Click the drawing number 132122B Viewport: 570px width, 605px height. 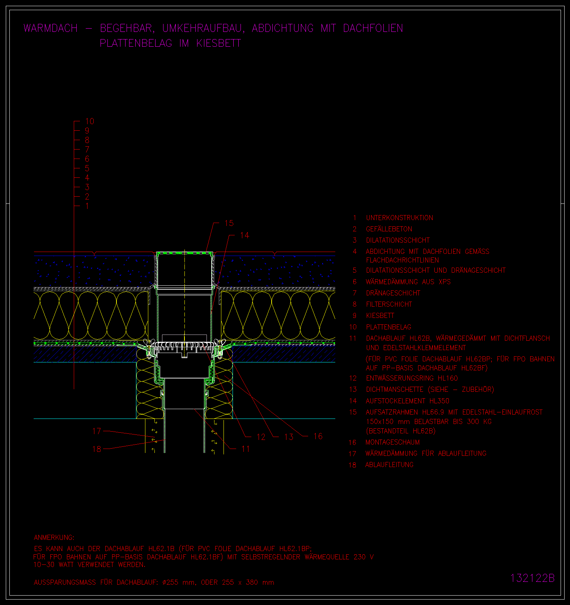(x=532, y=578)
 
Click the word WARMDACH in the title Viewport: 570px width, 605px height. (x=51, y=28)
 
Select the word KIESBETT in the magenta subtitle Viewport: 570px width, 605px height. (x=218, y=43)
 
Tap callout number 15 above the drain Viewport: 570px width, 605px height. (x=229, y=223)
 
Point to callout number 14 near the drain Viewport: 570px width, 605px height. (x=244, y=235)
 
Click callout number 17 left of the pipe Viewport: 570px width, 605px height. (x=97, y=431)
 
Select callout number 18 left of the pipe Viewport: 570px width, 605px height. (x=97, y=449)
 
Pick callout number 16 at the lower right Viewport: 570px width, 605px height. (x=318, y=436)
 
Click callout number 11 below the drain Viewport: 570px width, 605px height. (x=246, y=449)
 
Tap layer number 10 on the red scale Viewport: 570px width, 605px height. (x=89, y=121)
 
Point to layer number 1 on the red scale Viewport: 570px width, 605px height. (x=87, y=206)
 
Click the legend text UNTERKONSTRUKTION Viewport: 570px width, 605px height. (x=399, y=218)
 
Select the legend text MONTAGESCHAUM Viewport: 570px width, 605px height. (x=392, y=442)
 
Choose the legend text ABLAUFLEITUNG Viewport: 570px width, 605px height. (x=389, y=465)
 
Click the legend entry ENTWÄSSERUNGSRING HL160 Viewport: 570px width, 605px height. (x=412, y=378)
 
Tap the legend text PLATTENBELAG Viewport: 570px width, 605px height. (x=388, y=327)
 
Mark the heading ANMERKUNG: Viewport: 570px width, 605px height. (x=54, y=538)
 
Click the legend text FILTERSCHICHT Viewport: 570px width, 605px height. (x=389, y=304)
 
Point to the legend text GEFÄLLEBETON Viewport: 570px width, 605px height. (x=389, y=229)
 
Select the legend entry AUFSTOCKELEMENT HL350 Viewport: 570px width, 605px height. (x=407, y=401)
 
